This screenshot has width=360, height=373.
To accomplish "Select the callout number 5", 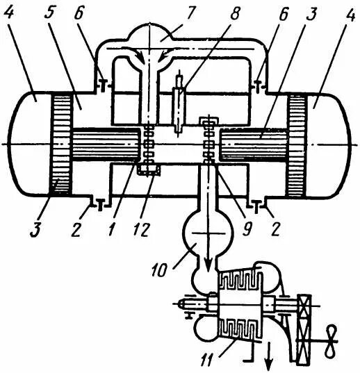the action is (x=49, y=15).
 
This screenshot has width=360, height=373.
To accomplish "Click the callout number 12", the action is (x=142, y=230).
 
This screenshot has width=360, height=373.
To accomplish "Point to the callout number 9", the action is (x=247, y=229).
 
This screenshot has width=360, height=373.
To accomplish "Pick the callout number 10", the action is (x=160, y=270).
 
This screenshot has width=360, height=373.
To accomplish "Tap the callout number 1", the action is (x=112, y=229).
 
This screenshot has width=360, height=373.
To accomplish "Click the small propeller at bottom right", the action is (x=332, y=342).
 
